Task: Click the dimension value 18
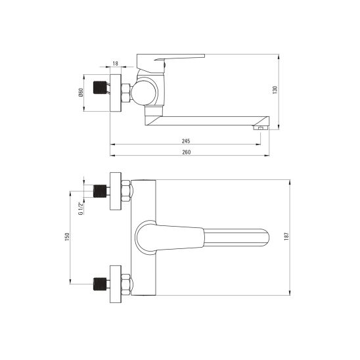tap(116, 63)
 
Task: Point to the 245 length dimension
tap(187, 141)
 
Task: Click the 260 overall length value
tap(186, 152)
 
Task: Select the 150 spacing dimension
tap(66, 237)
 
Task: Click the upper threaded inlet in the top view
tap(101, 191)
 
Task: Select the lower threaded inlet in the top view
tap(101, 283)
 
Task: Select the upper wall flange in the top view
tap(116, 191)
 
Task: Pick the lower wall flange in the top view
tap(116, 283)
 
